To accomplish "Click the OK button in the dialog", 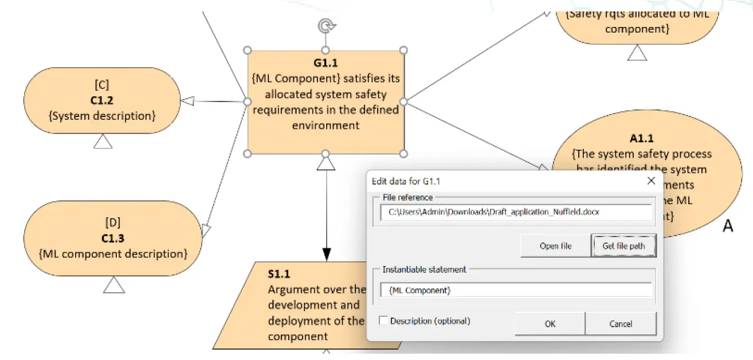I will (550, 324).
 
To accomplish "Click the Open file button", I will (555, 246).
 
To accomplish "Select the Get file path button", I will (623, 246).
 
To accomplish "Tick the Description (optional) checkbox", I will (383, 321).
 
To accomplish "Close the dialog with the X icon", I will (651, 181).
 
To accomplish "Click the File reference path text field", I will (516, 212).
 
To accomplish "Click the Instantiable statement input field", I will (516, 290).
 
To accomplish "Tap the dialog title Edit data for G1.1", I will (406, 182).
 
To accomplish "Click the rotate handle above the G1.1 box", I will (325, 26).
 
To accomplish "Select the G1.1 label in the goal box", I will (325, 63).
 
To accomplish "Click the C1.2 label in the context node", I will (102, 100).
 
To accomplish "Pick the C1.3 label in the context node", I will (113, 238).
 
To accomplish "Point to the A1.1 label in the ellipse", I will (641, 138).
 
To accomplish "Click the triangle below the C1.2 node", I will (103, 141).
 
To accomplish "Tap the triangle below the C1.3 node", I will (114, 284).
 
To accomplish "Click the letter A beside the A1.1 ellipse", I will (727, 226).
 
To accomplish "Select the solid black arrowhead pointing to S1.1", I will (326, 254).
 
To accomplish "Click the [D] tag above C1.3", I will (113, 222).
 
